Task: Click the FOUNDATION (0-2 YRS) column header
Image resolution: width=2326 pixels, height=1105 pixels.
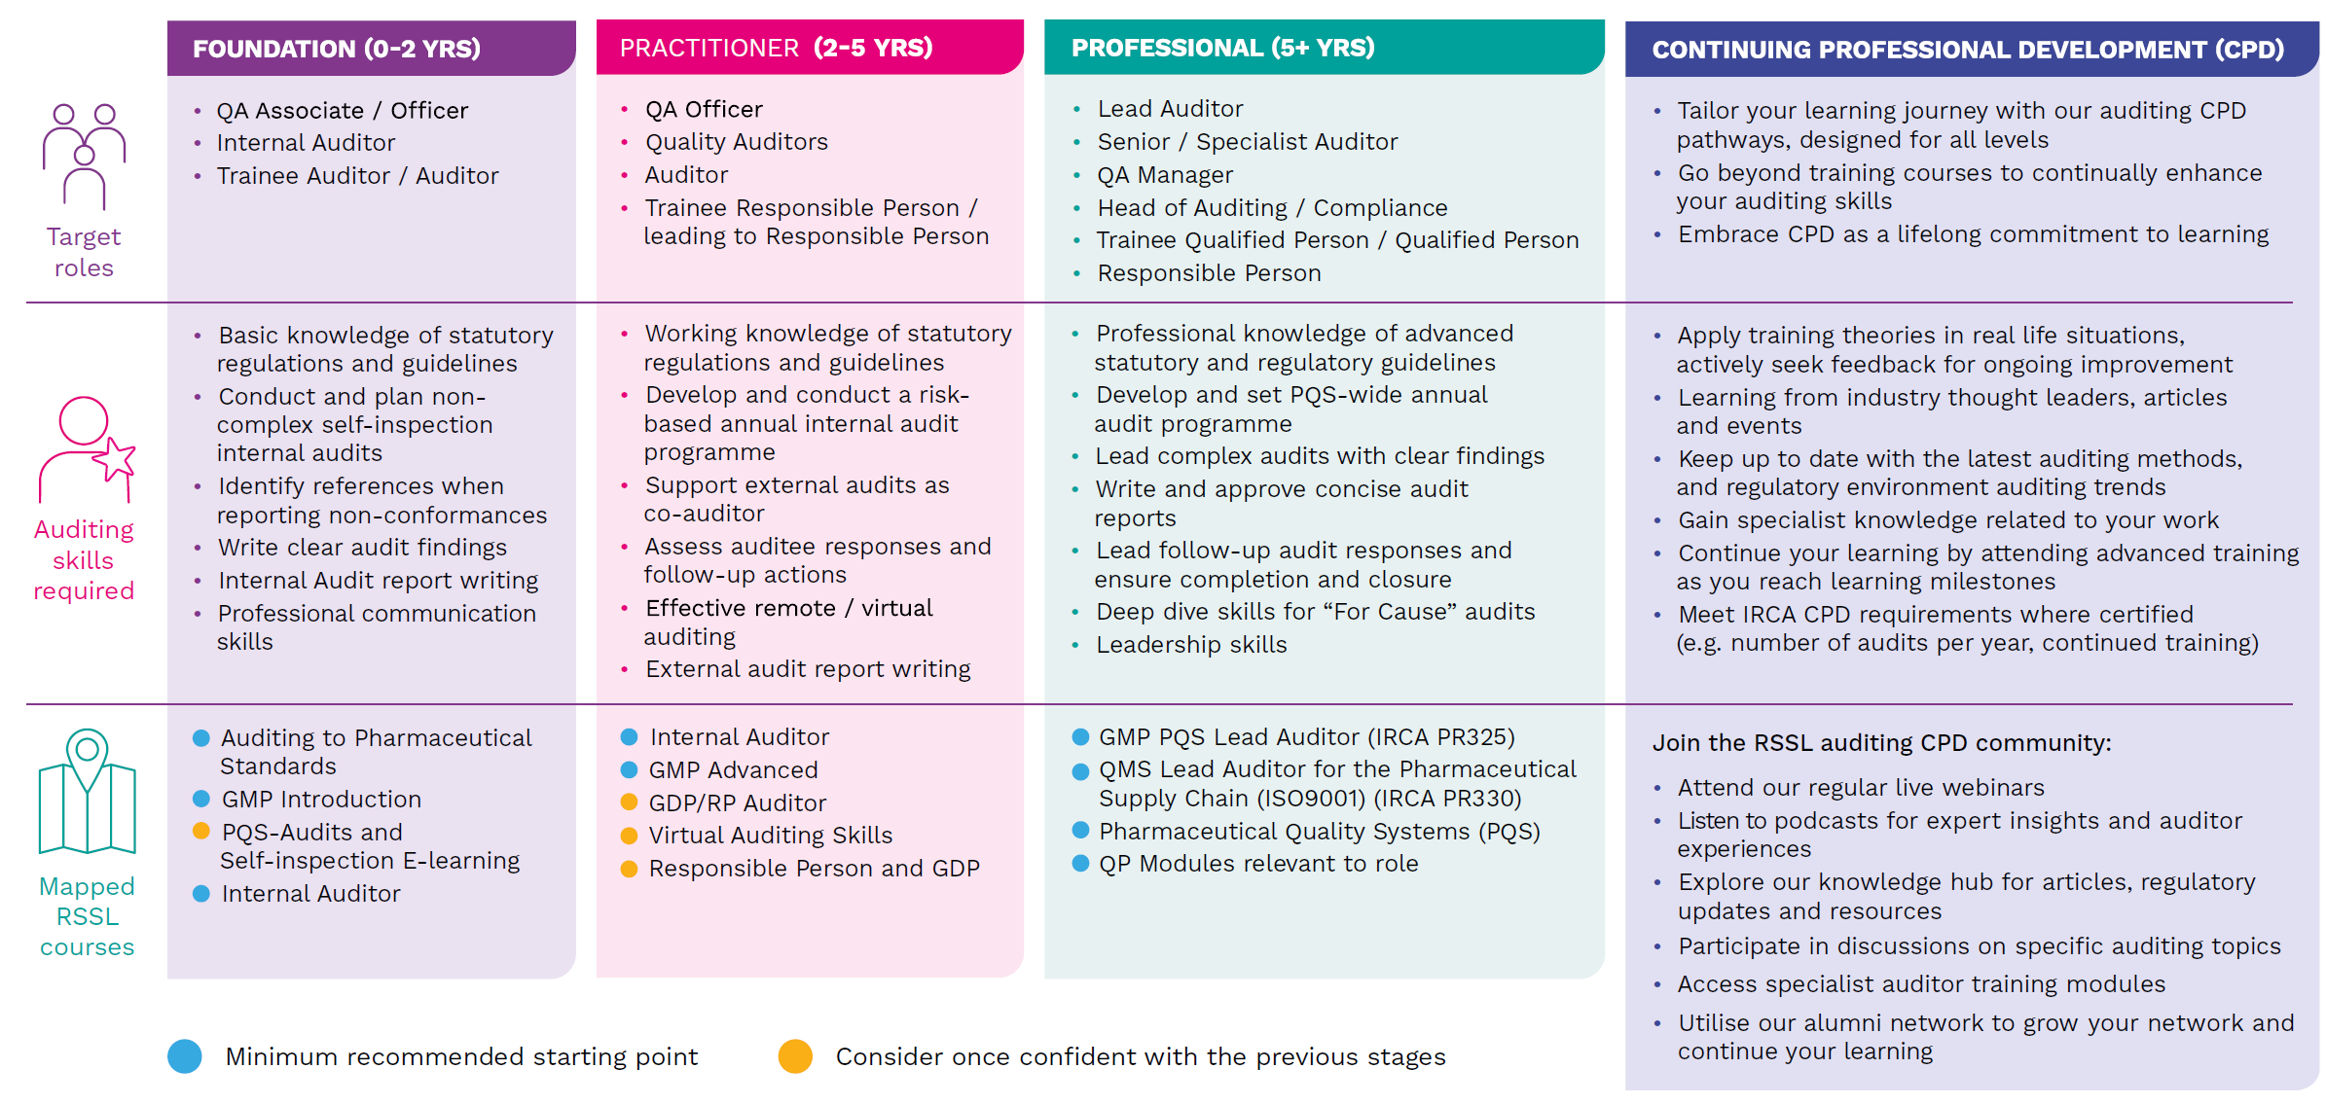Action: point(337,49)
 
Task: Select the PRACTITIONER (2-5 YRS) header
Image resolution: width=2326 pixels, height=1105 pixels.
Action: point(776,48)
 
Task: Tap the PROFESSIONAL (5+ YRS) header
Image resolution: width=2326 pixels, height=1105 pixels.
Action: point(1222,48)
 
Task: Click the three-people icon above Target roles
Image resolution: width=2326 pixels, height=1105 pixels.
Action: point(84,156)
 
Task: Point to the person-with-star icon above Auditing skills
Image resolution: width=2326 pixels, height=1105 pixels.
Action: point(87,448)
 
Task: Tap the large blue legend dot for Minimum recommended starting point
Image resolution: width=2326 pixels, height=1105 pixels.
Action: point(185,1056)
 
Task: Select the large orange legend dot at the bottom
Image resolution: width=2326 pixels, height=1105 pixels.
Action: point(795,1056)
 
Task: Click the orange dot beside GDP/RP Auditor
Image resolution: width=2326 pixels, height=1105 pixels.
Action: point(629,802)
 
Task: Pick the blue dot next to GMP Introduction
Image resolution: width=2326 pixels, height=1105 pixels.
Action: point(201,799)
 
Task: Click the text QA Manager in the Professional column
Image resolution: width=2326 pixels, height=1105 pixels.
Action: point(1165,175)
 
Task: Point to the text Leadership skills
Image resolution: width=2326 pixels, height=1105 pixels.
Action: point(1191,645)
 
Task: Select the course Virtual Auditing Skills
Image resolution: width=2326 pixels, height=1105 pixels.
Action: point(770,836)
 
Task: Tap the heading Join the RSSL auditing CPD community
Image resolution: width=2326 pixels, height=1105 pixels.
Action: point(1881,743)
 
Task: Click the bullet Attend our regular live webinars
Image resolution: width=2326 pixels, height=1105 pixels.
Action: point(1860,788)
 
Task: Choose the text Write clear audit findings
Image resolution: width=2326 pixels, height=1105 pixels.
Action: point(362,548)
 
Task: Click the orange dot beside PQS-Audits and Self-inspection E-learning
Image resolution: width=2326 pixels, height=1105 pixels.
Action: point(201,831)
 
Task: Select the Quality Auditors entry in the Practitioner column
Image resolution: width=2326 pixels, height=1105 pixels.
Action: point(736,142)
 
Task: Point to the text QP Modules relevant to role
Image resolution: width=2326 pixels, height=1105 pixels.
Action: point(1257,864)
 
